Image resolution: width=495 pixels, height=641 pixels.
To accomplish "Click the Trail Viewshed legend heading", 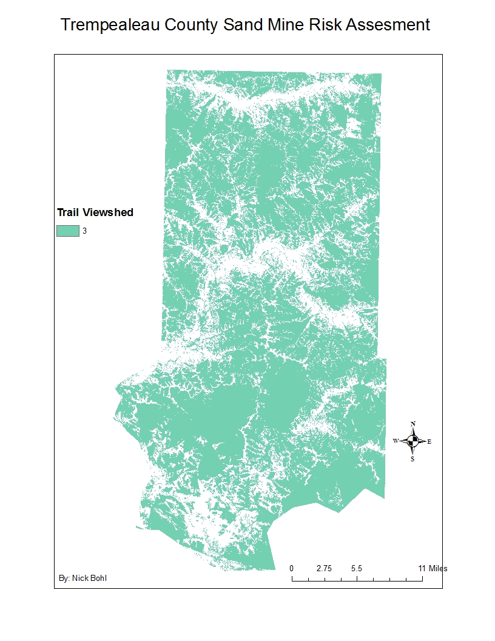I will point(95,212).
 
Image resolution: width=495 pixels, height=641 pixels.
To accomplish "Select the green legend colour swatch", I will point(68,231).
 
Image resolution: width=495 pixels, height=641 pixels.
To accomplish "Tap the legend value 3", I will point(85,231).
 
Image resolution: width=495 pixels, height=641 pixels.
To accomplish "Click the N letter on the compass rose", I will point(413,424).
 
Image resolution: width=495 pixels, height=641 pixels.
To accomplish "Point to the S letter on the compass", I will point(413,459).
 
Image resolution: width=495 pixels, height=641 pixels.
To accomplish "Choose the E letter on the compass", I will point(429,441).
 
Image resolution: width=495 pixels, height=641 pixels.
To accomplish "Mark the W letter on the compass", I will point(396,441).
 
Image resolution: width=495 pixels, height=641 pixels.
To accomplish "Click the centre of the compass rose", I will point(413,441).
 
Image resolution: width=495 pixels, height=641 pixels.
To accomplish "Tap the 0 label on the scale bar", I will point(292,569).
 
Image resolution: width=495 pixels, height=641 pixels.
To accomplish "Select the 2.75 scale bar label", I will point(324,569).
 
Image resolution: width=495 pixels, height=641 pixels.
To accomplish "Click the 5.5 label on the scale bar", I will point(357,569).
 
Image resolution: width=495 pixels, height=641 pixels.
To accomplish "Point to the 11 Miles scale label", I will point(433,569).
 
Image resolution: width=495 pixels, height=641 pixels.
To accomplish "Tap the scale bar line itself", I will point(357,580).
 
